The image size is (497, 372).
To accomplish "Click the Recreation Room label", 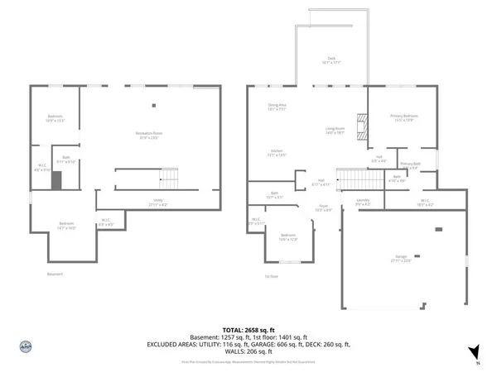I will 149,134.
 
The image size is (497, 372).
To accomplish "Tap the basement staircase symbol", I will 169,177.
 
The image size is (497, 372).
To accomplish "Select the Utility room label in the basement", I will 157,202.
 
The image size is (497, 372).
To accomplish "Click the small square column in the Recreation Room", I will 153,105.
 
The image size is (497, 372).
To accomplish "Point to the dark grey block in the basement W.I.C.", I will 56,180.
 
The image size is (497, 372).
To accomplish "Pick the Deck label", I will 331,60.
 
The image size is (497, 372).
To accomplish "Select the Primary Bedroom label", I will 403,117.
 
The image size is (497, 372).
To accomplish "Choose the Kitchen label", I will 277,152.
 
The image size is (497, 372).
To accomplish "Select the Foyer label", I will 325,208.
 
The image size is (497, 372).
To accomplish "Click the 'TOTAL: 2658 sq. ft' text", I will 248,329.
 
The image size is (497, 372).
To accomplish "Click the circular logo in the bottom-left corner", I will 25,347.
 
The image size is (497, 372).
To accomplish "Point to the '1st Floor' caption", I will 271,276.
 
